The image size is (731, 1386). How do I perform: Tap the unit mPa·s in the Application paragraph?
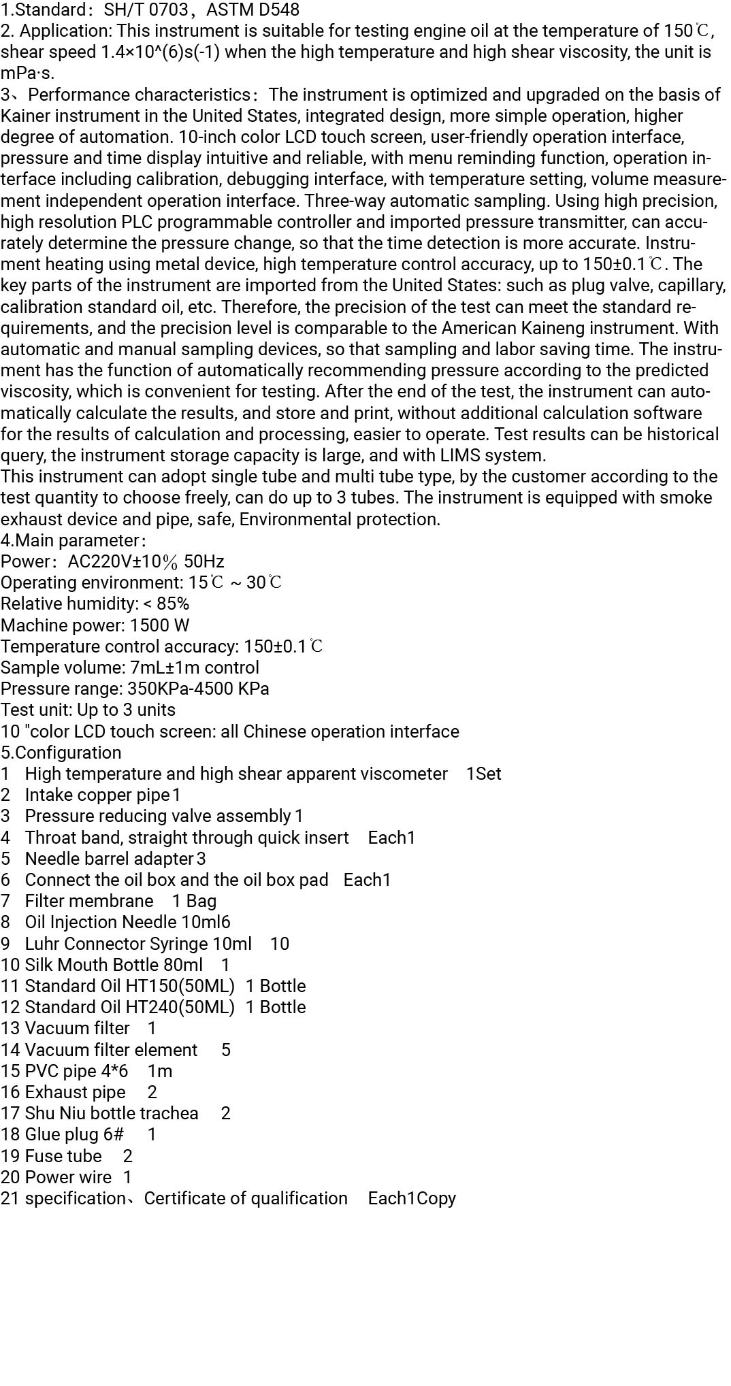pos(27,73)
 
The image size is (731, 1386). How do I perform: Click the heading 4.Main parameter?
pos(73,540)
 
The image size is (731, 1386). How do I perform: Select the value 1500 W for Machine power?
pos(160,625)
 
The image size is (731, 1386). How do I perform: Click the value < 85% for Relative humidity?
pos(167,604)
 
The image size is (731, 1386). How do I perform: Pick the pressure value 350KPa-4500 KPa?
pos(198,689)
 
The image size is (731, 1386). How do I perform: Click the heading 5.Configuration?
pos(61,753)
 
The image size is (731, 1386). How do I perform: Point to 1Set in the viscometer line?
pos(483,774)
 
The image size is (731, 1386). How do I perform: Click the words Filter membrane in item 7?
pos(89,901)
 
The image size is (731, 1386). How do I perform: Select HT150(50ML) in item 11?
pos(180,986)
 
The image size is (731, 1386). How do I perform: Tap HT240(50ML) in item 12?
pos(180,1007)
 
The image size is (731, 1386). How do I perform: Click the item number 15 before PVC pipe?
pos(10,1071)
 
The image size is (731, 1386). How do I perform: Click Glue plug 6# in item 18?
pos(74,1134)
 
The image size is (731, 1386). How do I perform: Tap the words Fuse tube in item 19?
pos(63,1156)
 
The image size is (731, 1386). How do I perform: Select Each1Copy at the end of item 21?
pos(412,1198)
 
